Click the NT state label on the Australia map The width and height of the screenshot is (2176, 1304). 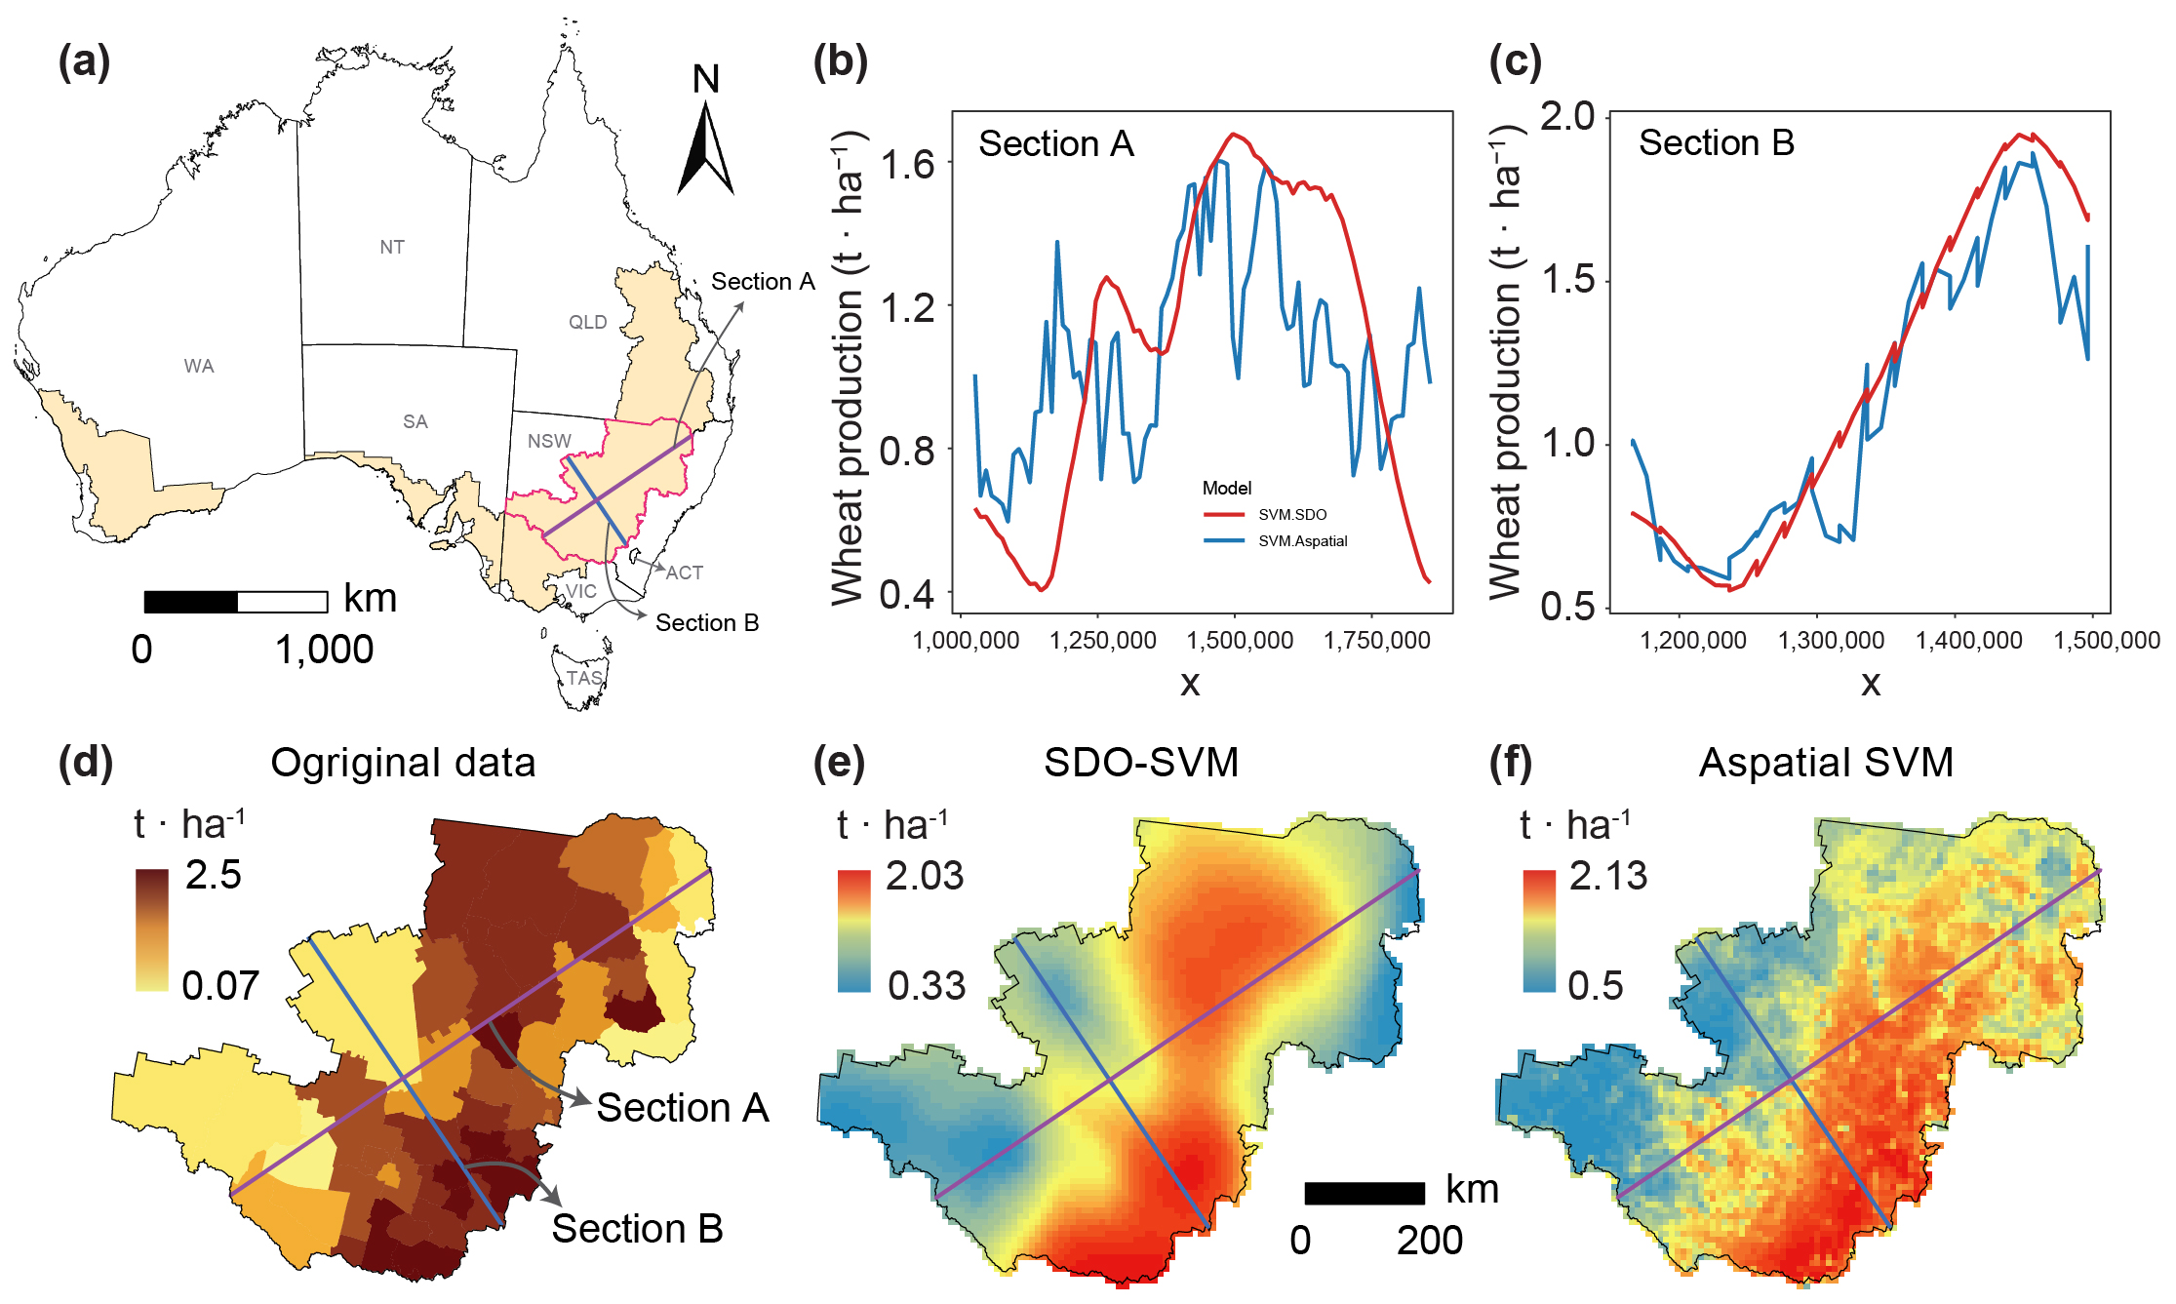click(392, 247)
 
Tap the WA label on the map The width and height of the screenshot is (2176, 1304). click(199, 366)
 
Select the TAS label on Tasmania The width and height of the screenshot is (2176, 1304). click(584, 678)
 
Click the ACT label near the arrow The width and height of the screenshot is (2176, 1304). click(685, 573)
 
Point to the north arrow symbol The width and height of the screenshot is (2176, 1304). click(706, 146)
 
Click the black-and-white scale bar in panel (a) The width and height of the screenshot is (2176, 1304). click(236, 602)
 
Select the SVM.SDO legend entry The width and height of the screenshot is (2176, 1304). click(1291, 515)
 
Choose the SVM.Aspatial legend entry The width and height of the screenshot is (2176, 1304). click(1302, 541)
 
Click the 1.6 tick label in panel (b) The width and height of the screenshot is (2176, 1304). click(907, 164)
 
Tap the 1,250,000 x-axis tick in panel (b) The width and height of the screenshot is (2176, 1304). click(1102, 641)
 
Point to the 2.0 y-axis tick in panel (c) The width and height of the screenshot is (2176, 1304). click(1566, 116)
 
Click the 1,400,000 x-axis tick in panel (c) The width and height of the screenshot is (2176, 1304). click(1968, 641)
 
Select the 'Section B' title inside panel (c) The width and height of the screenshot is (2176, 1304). click(1716, 143)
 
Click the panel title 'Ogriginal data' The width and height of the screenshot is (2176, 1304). click(403, 763)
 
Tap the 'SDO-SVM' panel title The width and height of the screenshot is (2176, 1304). click(1141, 763)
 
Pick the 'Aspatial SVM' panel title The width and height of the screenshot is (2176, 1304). click(1826, 763)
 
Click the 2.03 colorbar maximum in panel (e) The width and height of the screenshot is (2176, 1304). click(924, 876)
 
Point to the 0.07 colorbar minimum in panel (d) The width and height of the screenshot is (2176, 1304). click(220, 986)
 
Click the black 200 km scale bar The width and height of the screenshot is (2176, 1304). click(1365, 1193)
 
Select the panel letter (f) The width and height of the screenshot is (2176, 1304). click(1510, 763)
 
